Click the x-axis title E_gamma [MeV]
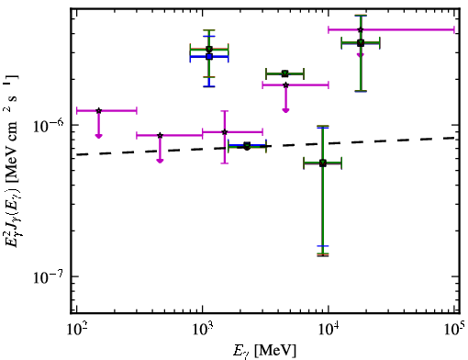tap(264, 351)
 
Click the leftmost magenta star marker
tap(98, 110)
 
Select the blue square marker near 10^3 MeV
tap(209, 57)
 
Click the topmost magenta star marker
tap(361, 29)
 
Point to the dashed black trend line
tap(266, 146)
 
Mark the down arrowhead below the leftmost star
tap(98, 136)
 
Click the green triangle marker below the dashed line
tap(323, 163)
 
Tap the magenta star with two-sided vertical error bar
tap(225, 132)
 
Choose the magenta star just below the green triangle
tap(285, 85)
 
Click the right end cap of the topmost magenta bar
tap(454, 29)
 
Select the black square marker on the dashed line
tap(247, 145)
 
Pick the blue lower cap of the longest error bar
tap(323, 246)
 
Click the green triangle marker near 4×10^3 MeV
tap(285, 73)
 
